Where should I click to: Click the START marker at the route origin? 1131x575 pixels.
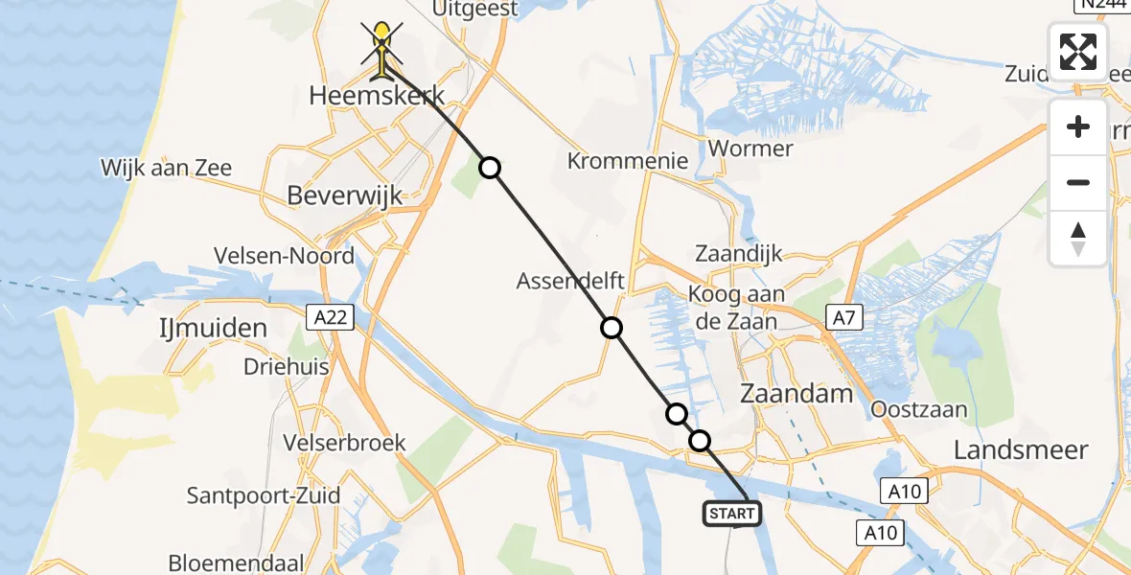click(733, 514)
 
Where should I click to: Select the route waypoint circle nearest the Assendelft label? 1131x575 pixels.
click(612, 329)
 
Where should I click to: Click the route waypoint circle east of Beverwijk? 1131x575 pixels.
click(490, 169)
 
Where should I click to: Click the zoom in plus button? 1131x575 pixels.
click(1078, 126)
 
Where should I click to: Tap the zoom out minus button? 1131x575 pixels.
click(1078, 182)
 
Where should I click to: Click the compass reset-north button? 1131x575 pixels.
click(1078, 239)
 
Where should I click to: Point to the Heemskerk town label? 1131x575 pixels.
click(378, 96)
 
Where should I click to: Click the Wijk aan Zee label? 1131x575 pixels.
click(167, 169)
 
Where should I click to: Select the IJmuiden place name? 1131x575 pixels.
click(213, 329)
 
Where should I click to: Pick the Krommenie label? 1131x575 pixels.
click(628, 160)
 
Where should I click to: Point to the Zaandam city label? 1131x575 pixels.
click(797, 394)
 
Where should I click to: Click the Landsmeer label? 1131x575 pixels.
click(1022, 449)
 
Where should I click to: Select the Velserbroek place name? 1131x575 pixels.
click(345, 443)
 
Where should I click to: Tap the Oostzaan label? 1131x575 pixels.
click(919, 409)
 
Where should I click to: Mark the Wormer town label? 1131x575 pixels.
click(750, 149)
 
